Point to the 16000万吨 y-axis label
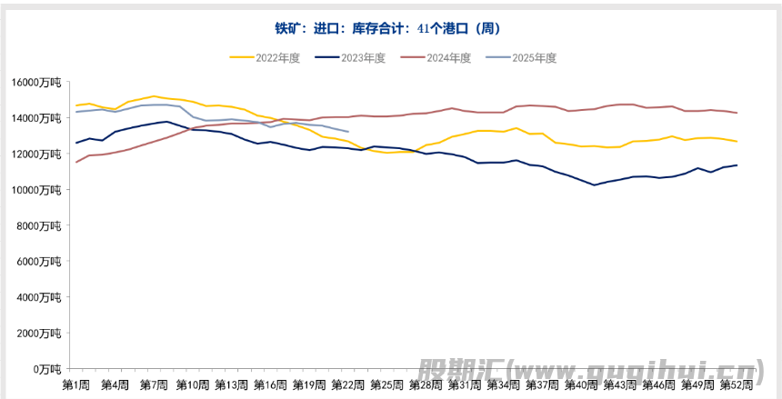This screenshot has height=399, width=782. (x=36, y=82)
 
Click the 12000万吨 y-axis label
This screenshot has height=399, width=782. (x=36, y=154)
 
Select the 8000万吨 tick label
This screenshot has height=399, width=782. (x=39, y=225)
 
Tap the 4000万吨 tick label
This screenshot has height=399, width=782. (x=39, y=297)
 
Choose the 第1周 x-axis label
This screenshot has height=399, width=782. (x=76, y=384)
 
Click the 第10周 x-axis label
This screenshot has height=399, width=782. (x=193, y=384)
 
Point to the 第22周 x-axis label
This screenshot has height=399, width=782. (x=348, y=384)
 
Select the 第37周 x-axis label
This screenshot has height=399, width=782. (x=542, y=384)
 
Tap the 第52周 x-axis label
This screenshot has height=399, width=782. (x=736, y=384)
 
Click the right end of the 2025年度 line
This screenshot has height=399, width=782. (x=348, y=132)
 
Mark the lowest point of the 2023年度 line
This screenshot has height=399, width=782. (x=594, y=185)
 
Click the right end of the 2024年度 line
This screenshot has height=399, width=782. (x=736, y=113)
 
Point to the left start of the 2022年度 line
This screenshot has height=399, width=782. (x=76, y=105)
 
